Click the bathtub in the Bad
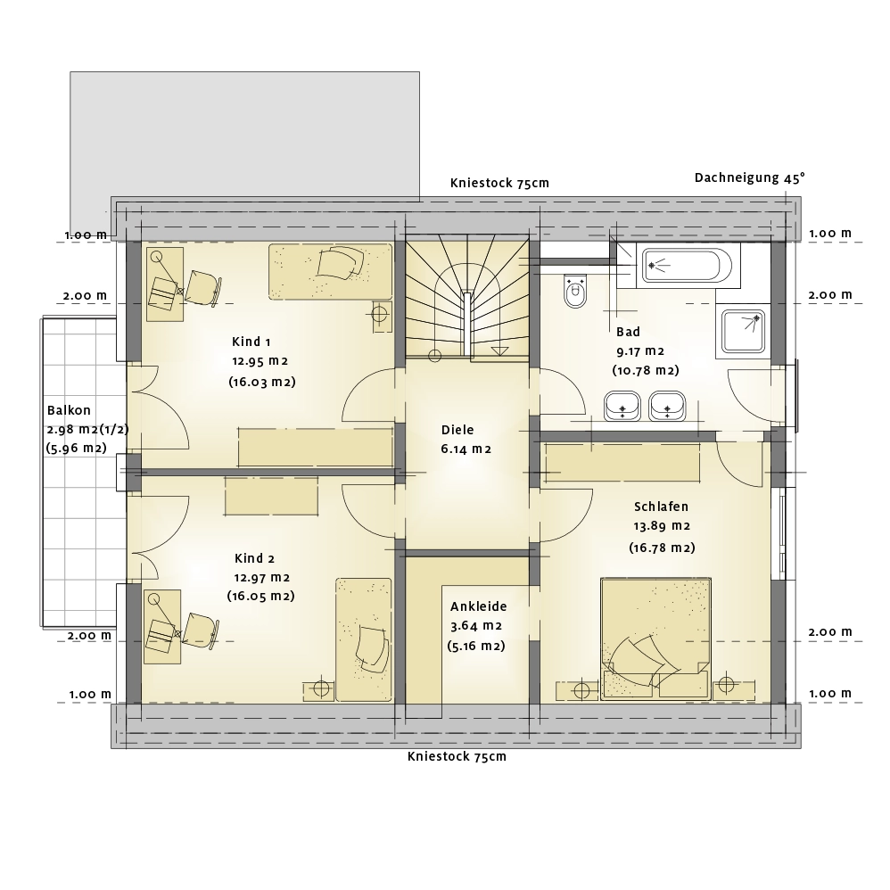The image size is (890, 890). tap(687, 265)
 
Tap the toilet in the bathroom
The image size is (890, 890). tap(575, 292)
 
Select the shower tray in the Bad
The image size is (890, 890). tap(743, 332)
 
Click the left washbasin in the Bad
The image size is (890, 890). tap(622, 406)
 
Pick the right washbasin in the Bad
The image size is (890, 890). tap(667, 406)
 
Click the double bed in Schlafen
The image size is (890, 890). tap(655, 639)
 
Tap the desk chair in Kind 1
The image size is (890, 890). tap(202, 288)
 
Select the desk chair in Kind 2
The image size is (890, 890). tap(201, 630)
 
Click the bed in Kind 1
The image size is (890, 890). tap(330, 272)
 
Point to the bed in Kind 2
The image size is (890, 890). tap(363, 639)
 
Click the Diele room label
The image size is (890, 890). tap(457, 430)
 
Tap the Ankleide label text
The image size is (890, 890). tap(479, 606)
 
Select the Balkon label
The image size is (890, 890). tap(69, 410)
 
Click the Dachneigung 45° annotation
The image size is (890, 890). tap(749, 177)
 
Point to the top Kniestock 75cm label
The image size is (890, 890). tap(499, 183)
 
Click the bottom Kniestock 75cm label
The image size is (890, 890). tap(457, 756)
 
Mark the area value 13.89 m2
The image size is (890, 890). tap(662, 526)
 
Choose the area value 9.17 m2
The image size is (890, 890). tap(640, 351)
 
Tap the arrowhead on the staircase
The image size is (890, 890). tap(499, 350)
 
